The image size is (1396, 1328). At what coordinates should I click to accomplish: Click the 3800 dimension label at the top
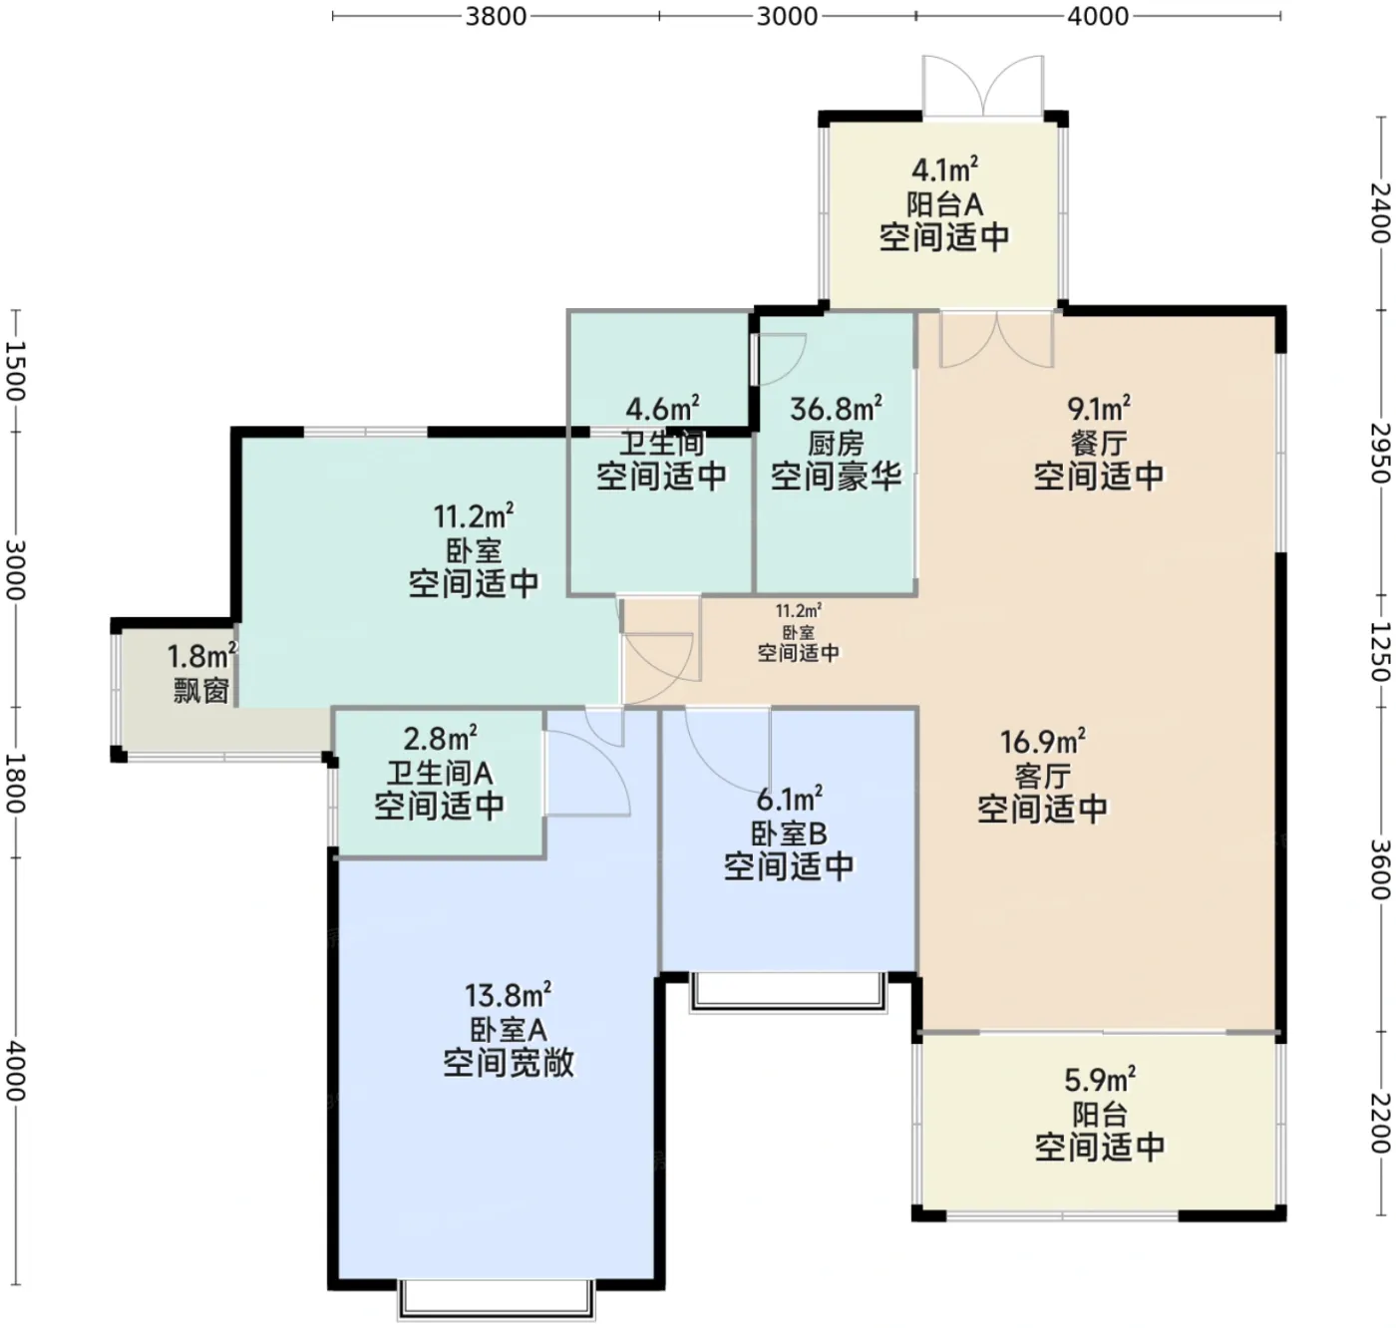496,16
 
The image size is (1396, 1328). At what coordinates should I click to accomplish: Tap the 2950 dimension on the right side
1380,453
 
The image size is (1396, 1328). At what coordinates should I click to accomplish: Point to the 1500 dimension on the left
16,372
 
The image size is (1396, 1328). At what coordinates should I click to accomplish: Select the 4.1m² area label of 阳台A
944,170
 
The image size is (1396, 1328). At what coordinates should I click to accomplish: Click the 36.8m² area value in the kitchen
836,409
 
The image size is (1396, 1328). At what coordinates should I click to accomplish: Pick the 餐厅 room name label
1099,443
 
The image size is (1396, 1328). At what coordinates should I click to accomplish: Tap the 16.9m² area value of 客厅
1042,742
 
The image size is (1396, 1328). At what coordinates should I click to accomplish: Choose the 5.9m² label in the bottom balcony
1099,1080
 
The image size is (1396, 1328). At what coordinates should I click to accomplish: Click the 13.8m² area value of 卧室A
509,995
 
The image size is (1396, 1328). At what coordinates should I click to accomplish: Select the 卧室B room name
788,833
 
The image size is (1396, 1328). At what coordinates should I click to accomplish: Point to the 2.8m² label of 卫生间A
440,739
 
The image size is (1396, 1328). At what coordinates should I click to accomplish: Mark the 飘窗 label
201,690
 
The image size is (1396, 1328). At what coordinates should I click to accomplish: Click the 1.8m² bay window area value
201,656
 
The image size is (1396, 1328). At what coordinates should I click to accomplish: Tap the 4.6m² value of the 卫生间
662,409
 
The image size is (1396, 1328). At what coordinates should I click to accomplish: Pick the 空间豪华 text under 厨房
836,476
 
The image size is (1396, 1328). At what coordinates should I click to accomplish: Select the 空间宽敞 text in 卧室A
509,1063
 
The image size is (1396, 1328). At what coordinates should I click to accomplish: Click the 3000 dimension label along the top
787,16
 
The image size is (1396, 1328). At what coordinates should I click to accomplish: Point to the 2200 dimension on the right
1380,1123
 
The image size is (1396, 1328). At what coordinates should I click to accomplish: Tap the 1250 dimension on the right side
1380,652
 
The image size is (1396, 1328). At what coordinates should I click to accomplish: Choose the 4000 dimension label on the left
16,1071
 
